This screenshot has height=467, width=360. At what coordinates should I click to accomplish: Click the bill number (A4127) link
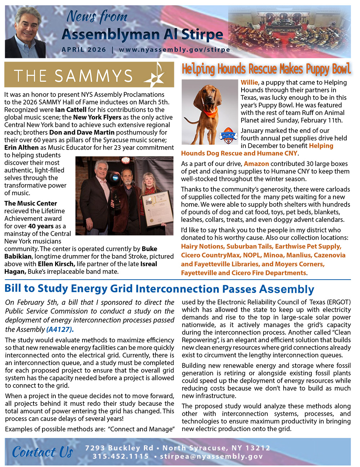60,329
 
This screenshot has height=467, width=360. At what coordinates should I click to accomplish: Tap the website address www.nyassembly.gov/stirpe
175,50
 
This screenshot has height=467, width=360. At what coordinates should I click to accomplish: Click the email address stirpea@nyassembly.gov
211,457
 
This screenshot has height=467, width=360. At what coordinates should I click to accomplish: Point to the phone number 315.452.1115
121,457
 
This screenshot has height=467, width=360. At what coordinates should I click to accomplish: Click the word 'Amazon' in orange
256,164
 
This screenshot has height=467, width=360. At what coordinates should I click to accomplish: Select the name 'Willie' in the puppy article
249,83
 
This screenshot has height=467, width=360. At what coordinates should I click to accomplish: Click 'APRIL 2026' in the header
84,50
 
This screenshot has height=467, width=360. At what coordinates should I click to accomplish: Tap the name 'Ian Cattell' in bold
71,110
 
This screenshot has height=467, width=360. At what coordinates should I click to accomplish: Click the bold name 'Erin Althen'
22,148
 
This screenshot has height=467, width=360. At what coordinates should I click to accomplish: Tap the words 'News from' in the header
97,17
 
